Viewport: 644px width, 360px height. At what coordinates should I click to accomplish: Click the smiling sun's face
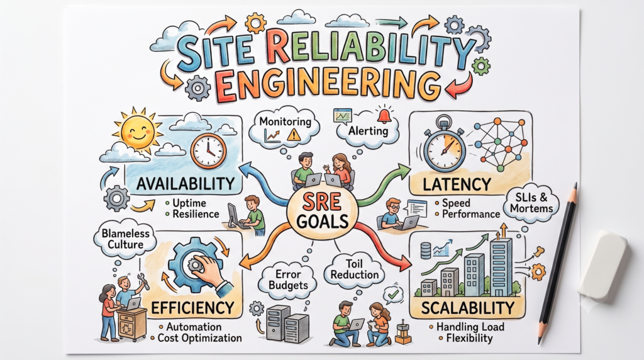coord(138,130)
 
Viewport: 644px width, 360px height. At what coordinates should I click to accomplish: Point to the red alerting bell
coord(384,116)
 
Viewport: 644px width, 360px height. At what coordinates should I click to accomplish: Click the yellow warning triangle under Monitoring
coord(294,135)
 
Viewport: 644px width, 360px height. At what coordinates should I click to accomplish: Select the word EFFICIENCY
coord(192,308)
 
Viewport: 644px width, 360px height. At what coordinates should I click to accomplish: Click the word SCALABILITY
coord(468,308)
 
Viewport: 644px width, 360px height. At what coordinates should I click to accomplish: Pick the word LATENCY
coord(457,184)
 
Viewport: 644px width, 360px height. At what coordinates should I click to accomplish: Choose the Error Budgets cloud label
coord(288,279)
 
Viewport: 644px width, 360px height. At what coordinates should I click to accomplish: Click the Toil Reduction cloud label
coord(355,269)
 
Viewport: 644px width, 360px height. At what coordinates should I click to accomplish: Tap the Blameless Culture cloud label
coord(125,239)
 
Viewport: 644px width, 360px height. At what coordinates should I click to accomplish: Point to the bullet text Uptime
coord(189,203)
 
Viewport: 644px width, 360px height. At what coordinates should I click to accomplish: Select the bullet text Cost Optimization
coord(199,338)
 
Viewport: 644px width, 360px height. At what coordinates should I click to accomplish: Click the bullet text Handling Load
coord(470,327)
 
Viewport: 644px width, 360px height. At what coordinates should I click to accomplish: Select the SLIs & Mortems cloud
coord(531,203)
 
